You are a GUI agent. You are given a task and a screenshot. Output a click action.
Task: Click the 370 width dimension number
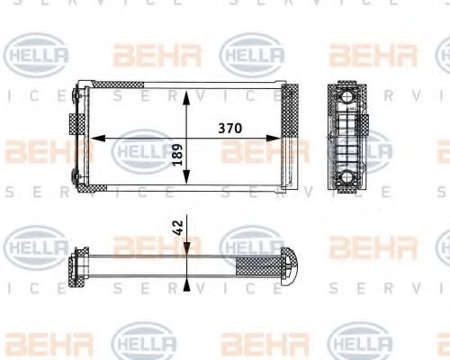click(x=231, y=129)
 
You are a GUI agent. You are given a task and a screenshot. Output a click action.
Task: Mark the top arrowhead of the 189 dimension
click(x=186, y=93)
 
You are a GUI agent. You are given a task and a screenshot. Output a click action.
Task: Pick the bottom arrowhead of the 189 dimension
click(x=186, y=185)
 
